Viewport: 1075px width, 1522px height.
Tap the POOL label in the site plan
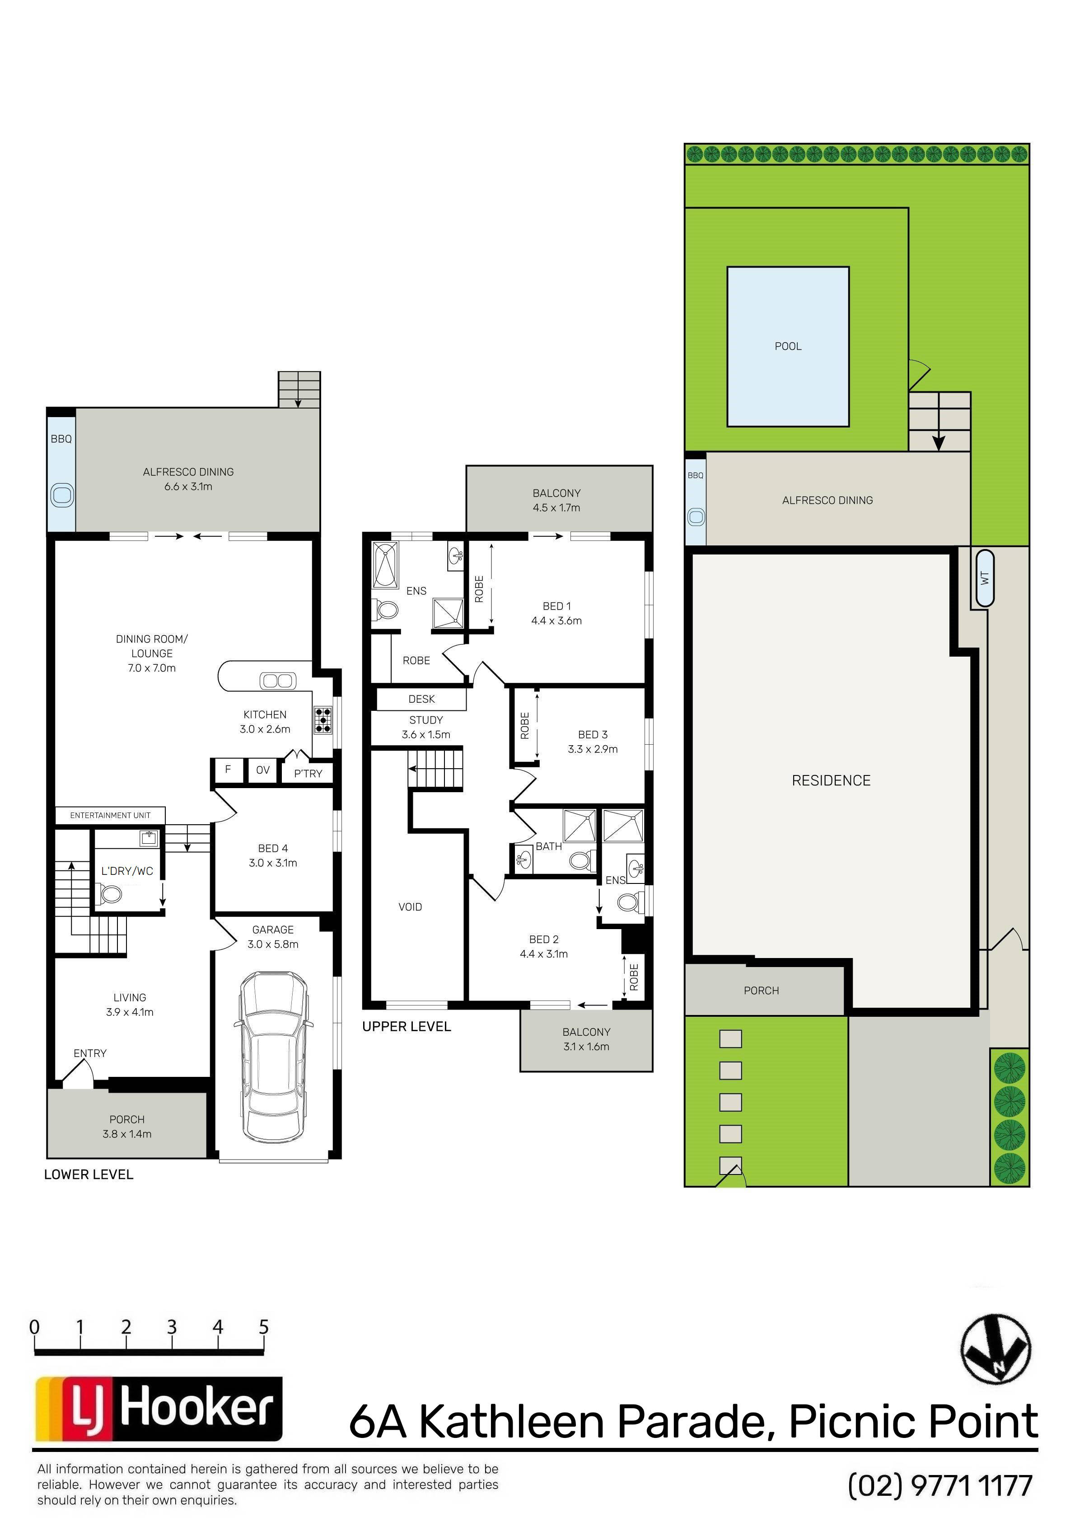click(788, 346)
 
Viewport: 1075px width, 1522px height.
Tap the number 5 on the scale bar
click(264, 1327)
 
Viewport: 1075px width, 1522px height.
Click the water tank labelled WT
click(984, 578)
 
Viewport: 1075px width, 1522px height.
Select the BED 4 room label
click(273, 849)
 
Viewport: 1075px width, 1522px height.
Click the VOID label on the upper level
click(410, 907)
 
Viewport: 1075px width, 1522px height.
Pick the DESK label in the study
click(421, 700)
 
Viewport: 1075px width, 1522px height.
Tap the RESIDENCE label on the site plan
click(831, 781)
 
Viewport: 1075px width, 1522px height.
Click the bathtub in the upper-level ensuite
click(384, 565)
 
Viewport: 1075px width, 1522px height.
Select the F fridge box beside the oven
click(228, 770)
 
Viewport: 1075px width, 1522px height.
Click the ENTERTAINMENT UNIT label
click(110, 815)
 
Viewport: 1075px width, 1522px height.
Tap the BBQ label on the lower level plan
click(61, 439)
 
